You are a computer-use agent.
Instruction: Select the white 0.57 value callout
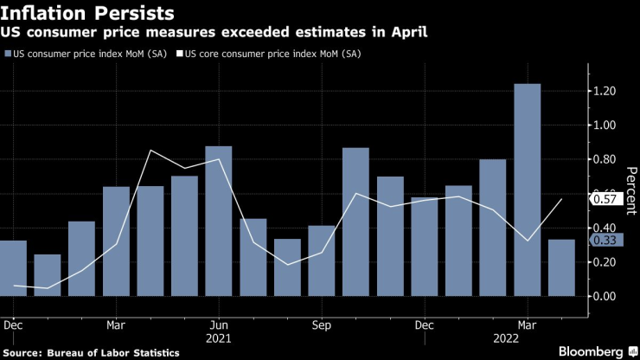[x=603, y=199]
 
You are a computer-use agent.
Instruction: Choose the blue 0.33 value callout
[x=603, y=240]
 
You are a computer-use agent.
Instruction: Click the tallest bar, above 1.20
[x=527, y=190]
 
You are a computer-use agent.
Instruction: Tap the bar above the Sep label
[x=321, y=260]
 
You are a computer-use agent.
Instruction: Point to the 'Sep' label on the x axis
[x=321, y=326]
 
